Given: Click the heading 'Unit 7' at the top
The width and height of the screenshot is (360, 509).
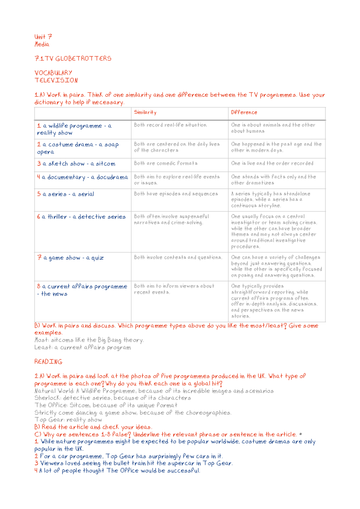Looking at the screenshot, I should click(x=43, y=37).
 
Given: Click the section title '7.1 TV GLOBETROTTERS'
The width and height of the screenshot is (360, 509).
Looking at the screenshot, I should click(x=73, y=59).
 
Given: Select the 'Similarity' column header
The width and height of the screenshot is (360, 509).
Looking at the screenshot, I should click(x=145, y=112).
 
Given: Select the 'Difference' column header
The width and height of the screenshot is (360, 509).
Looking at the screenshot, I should click(x=244, y=112).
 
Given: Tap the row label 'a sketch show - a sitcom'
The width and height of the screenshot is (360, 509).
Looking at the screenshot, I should click(x=76, y=164).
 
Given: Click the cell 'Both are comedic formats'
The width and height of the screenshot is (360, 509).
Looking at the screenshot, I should click(x=166, y=163).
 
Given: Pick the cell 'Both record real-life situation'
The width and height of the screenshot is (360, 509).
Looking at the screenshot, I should click(x=170, y=125).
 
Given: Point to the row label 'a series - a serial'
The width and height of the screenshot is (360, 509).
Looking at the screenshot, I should click(x=66, y=194).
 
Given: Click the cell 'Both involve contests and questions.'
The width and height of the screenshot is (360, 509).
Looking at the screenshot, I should click(x=178, y=258).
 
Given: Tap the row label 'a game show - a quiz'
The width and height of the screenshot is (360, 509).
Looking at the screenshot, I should click(x=70, y=258).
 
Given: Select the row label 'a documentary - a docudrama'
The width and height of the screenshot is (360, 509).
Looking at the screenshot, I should click(x=82, y=177).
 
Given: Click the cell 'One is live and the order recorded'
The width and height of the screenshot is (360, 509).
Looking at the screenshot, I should click(x=272, y=163).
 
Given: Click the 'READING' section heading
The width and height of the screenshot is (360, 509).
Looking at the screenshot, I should click(x=48, y=362).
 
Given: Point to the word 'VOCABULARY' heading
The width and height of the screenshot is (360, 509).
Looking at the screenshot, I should click(x=53, y=73).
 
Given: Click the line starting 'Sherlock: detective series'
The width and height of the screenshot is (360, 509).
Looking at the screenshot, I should click(x=112, y=398).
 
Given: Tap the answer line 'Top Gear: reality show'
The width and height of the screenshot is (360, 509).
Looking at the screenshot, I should click(x=68, y=420).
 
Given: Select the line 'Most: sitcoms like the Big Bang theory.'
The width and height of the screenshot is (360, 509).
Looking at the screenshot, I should click(x=89, y=340).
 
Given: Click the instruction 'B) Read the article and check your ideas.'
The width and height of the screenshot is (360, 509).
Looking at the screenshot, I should click(x=93, y=427).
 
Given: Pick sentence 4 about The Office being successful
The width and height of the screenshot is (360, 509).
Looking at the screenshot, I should click(x=117, y=471).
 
